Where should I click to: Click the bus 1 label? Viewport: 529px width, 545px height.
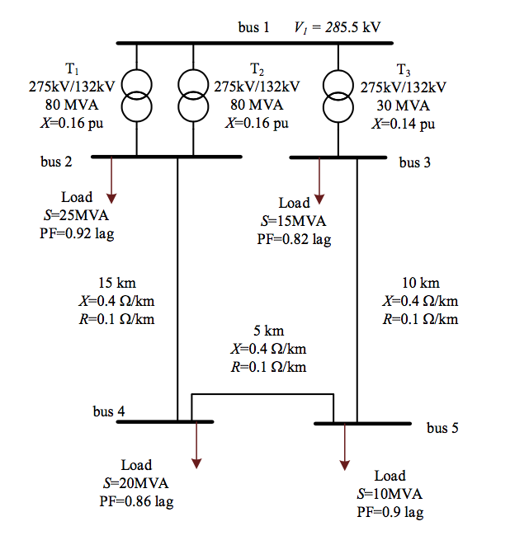point(254,27)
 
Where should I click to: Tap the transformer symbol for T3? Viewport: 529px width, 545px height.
point(338,96)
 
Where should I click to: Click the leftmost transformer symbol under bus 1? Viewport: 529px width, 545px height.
point(137,96)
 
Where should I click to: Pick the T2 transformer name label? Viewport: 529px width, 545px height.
point(257,68)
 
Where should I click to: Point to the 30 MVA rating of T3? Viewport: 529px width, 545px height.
point(403,106)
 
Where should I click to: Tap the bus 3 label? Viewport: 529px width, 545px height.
point(415,162)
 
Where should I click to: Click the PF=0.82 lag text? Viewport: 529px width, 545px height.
point(295,239)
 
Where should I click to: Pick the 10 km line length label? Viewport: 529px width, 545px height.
point(420,284)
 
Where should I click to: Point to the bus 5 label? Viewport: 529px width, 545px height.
point(442,428)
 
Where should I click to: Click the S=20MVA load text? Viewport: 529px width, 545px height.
point(136,482)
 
